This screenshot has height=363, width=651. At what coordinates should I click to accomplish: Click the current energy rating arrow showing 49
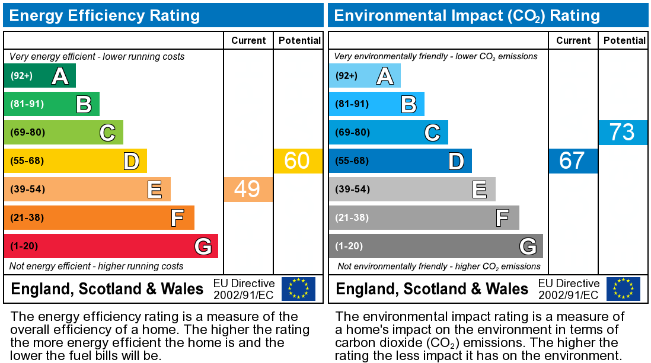coord(248,189)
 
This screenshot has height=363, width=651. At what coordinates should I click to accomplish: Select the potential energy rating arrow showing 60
coord(298,161)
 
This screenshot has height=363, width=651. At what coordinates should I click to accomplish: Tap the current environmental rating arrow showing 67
coord(573,161)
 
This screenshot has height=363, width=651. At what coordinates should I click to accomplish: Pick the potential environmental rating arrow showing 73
coord(623,133)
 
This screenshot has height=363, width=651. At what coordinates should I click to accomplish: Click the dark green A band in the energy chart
coord(39,76)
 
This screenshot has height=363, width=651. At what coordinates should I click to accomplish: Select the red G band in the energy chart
coord(111,246)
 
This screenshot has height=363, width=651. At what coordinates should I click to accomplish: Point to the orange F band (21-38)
coord(99,218)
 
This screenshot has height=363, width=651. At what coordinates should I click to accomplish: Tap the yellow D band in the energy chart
coord(75,161)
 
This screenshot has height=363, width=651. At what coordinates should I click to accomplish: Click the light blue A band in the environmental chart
coord(364,76)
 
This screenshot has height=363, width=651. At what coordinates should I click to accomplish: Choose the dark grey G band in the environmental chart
coord(436,246)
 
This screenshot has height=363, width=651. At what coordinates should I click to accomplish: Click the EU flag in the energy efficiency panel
coord(298,289)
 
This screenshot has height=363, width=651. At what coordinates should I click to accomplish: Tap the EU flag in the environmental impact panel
coord(623,289)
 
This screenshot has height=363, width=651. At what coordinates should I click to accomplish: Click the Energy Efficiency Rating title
coord(104,15)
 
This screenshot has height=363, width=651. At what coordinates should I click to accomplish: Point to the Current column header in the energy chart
coord(248,40)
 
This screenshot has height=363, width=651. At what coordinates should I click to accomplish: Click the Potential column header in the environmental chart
coord(624,40)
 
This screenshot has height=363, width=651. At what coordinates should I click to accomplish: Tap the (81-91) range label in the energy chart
coord(27,104)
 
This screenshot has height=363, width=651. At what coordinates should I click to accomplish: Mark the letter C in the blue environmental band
coord(432,133)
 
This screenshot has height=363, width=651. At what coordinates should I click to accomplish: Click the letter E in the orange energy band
coord(155,189)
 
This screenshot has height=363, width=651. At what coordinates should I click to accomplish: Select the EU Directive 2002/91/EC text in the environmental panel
coord(569,289)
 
